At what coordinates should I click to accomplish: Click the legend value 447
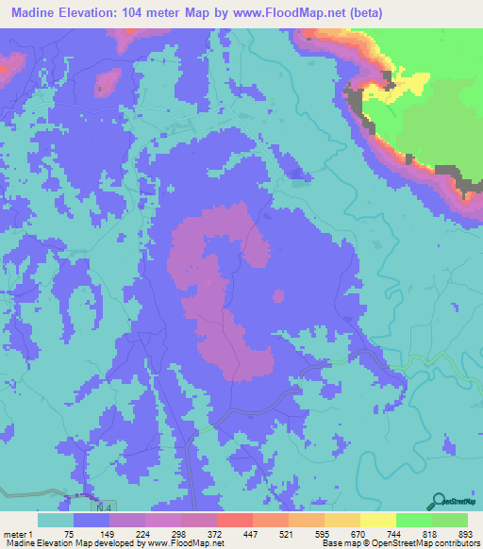tap(251, 533)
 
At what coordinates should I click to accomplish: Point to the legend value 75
tap(72, 533)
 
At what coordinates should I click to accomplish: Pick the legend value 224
tap(143, 533)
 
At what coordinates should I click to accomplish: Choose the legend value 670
tap(358, 533)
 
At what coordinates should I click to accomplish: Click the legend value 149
tap(108, 533)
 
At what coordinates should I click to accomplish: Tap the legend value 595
tap(323, 533)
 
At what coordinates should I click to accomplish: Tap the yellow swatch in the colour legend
tap(378, 520)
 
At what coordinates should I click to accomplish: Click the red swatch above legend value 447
tap(235, 520)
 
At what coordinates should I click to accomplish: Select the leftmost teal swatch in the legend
tap(56, 520)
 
